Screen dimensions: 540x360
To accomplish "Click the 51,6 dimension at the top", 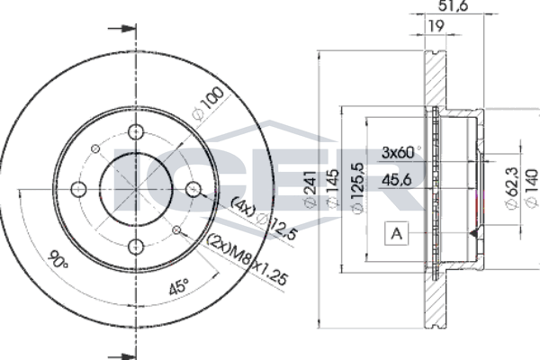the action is tap(453, 5).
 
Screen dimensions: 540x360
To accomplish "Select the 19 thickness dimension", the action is tap(436, 26).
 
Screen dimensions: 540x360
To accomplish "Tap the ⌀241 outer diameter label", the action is tap(310, 189).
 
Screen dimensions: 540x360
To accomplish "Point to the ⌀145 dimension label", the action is tap(332, 189).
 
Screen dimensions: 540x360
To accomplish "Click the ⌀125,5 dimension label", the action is tap(357, 188).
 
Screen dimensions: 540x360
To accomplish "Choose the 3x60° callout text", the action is tap(401, 152).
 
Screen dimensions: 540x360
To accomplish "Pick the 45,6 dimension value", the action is tap(397, 180).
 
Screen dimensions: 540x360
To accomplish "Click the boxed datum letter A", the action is tap(397, 234).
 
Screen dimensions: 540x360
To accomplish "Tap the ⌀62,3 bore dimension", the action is tap(512, 188).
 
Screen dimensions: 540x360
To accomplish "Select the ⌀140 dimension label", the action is tap(532, 188).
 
